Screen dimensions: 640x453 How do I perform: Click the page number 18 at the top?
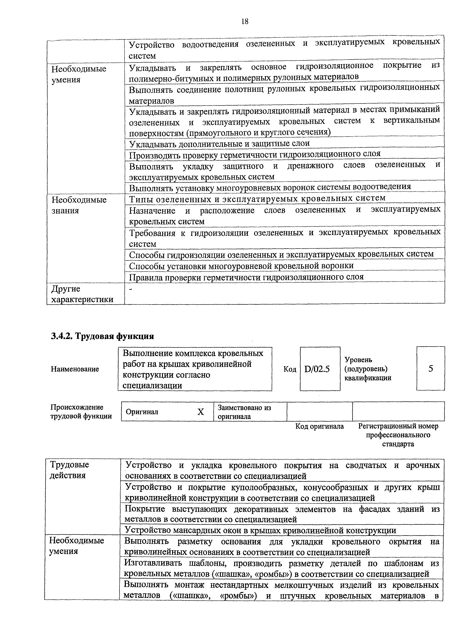(x=245, y=22)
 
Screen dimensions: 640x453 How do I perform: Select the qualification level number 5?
(x=431, y=369)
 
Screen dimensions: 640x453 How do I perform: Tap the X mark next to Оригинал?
(x=200, y=412)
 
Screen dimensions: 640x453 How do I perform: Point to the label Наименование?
(x=75, y=369)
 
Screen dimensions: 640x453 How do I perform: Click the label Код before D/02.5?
(x=290, y=369)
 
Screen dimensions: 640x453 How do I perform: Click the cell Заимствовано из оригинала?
(x=244, y=412)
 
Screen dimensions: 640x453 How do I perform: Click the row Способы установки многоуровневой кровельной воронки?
(x=241, y=266)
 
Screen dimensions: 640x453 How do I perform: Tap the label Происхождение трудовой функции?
(x=81, y=412)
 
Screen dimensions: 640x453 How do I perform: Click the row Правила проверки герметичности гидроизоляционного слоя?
(x=246, y=277)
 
